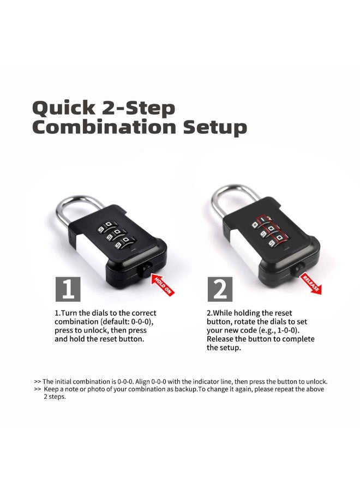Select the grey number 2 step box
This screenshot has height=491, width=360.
(220, 289)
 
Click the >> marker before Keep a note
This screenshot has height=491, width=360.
(37, 390)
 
